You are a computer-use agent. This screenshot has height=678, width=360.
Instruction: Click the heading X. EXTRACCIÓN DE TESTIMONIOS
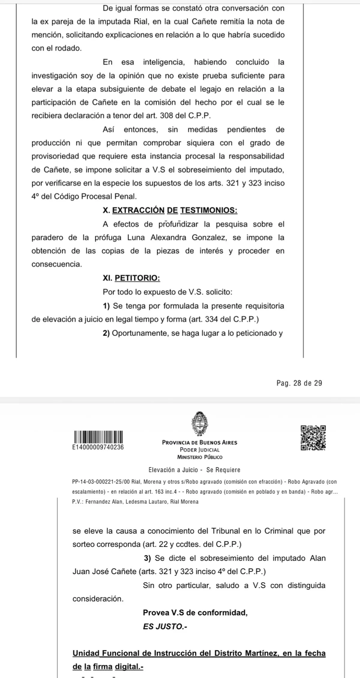(x=170, y=210)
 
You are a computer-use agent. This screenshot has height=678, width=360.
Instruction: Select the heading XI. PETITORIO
(x=131, y=278)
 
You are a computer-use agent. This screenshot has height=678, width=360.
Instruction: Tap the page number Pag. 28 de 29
(x=299, y=383)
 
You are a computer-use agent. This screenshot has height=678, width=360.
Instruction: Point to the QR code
(x=313, y=438)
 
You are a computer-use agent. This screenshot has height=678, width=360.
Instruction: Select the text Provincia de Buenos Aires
(x=199, y=442)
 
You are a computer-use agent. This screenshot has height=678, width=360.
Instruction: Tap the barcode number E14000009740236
(x=98, y=447)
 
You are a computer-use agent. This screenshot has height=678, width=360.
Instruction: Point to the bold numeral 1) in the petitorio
(x=106, y=306)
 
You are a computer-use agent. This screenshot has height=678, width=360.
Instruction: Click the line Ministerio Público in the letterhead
(x=200, y=457)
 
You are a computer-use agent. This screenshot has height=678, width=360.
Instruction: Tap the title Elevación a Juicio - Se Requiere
(x=194, y=470)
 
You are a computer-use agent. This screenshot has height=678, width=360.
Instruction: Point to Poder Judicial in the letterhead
(x=200, y=450)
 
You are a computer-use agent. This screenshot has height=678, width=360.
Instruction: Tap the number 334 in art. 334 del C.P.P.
(x=211, y=319)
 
